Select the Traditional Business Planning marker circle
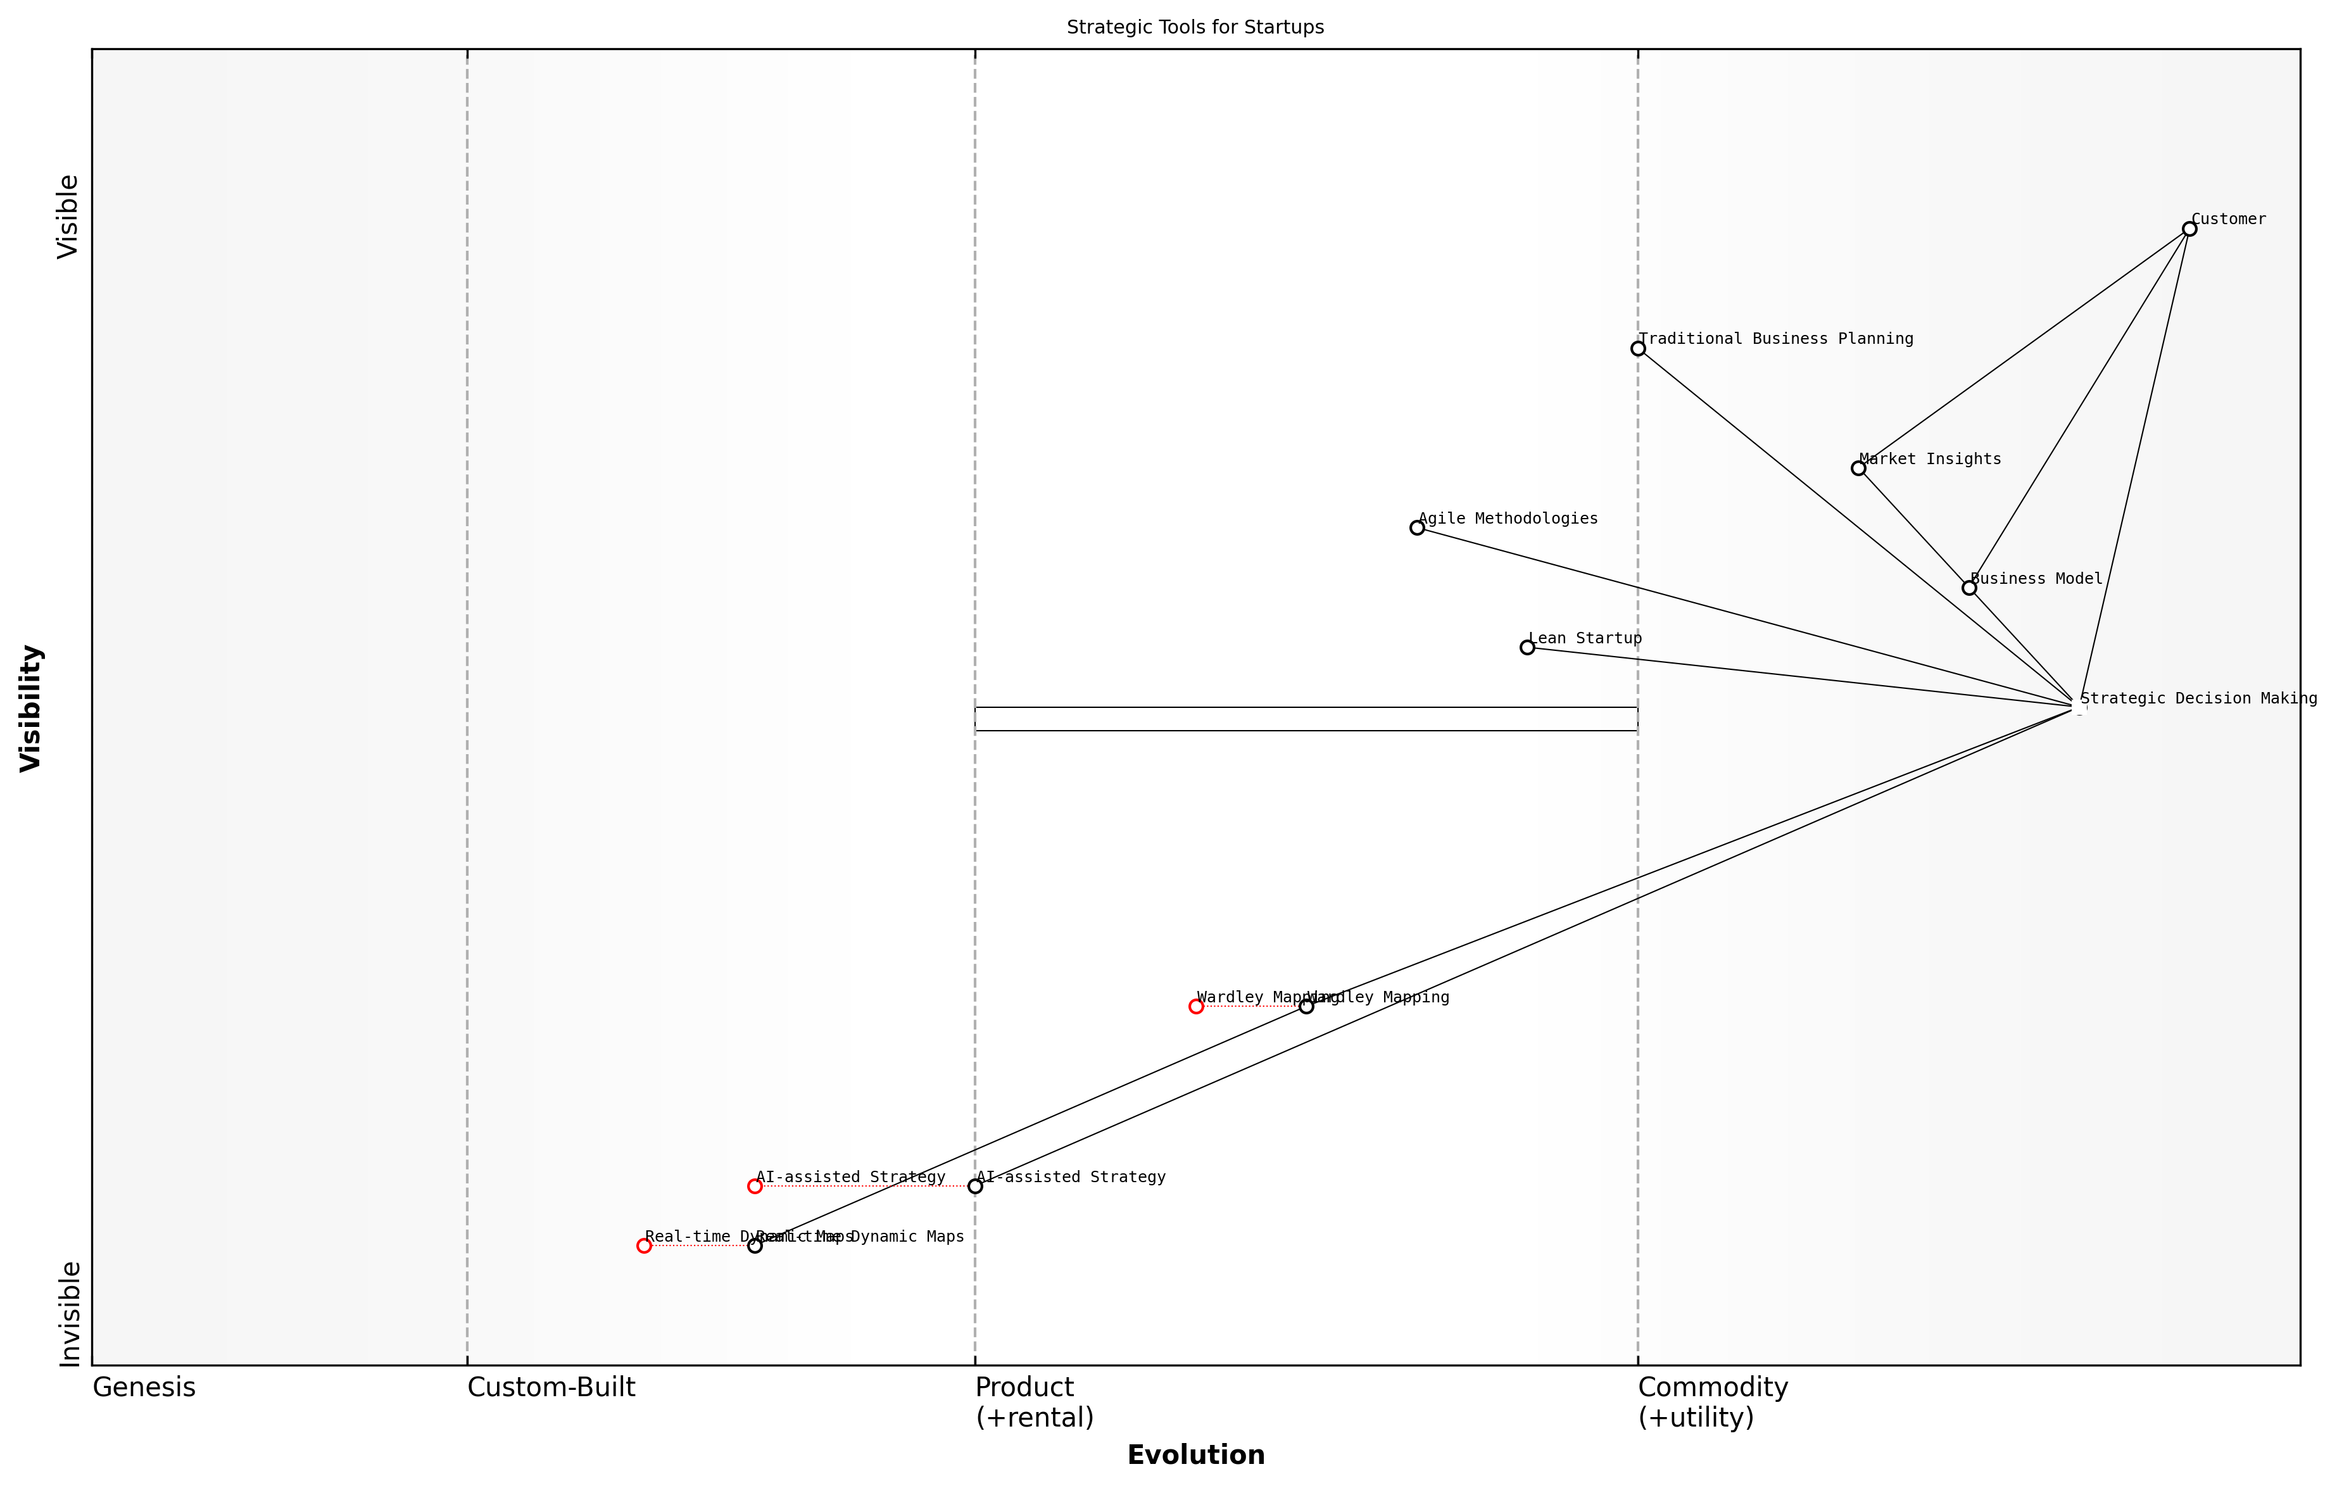coord(1638,348)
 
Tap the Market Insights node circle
coord(1858,468)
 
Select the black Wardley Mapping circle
coord(1306,1007)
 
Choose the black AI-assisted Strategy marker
coord(975,1186)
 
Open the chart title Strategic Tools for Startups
coord(1195,27)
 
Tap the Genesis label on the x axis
coord(144,1388)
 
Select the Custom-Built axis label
coord(551,1388)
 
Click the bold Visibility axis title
coord(31,708)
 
